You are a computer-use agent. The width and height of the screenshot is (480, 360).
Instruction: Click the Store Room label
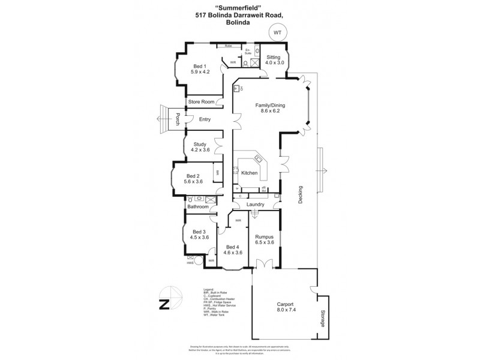point(201,102)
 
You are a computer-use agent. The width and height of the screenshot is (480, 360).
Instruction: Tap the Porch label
point(178,119)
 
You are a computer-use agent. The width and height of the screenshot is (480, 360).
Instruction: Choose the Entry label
point(205,119)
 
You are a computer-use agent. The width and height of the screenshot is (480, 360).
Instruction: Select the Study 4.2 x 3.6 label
point(200,147)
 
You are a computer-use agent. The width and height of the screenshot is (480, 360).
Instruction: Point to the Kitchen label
point(250,173)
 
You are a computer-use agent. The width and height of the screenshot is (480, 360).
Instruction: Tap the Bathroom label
point(198,207)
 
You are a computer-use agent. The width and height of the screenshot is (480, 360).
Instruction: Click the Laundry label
point(251,204)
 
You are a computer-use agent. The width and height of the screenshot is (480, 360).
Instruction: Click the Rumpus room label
point(265,239)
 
